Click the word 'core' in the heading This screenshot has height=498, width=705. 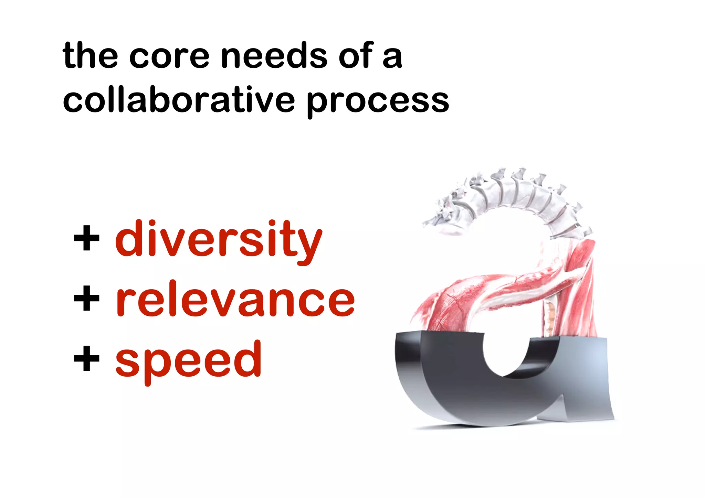coord(169,56)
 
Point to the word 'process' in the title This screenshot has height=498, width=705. coord(378,101)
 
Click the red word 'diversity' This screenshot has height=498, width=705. coord(219,239)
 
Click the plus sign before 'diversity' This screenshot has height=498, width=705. coord(87,238)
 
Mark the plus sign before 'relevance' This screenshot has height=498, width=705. coord(87,298)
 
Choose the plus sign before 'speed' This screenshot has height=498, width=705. coord(87,359)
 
